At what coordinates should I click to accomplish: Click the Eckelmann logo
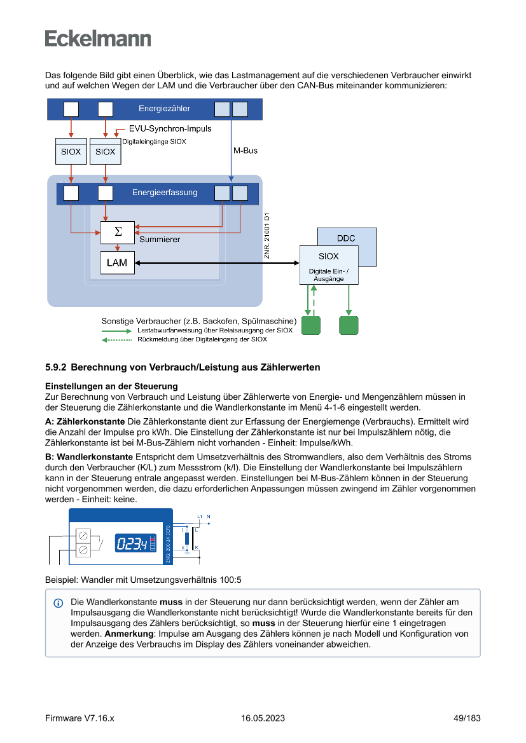pyautogui.click(x=98, y=38)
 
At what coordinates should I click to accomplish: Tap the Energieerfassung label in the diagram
pyautogui.click(x=165, y=193)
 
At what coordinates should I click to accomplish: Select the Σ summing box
pyautogui.click(x=118, y=232)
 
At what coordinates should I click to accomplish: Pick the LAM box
pyautogui.click(x=117, y=262)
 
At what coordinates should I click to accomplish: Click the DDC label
pyautogui.click(x=346, y=238)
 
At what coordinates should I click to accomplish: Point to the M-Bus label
pyautogui.click(x=246, y=151)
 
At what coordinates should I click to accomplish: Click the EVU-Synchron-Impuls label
pyautogui.click(x=170, y=129)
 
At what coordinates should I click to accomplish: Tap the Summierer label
pyautogui.click(x=160, y=240)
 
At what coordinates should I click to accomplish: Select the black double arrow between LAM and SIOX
pyautogui.click(x=217, y=262)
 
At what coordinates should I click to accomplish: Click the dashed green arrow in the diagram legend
pyautogui.click(x=118, y=339)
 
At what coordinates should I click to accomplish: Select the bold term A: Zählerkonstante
pyautogui.click(x=85, y=421)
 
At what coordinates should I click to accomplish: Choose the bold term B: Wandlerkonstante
pyautogui.click(x=89, y=457)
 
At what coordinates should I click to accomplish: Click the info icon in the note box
pyautogui.click(x=59, y=603)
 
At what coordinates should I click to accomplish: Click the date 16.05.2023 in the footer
pyautogui.click(x=263, y=718)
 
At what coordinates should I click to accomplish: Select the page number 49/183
pyautogui.click(x=467, y=718)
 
